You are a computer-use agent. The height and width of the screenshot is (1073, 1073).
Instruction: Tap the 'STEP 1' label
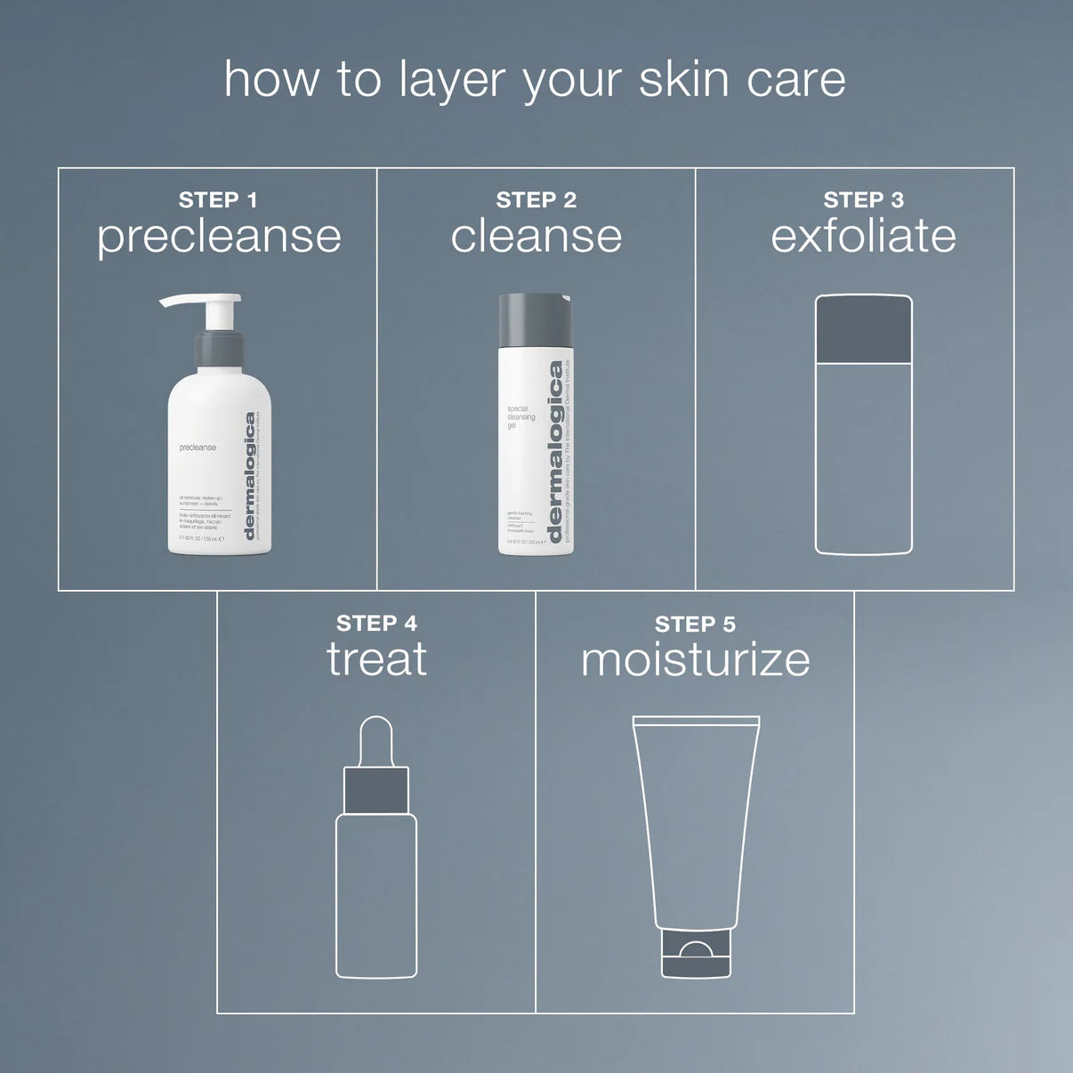coord(218,200)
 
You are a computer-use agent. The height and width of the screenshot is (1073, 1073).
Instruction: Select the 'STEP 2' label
coord(536,200)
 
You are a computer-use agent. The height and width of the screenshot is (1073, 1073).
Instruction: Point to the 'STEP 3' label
coord(863,200)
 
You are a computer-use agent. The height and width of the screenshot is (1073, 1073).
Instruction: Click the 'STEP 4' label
coord(376,623)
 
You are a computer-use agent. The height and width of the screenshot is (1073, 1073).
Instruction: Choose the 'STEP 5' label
coord(695,625)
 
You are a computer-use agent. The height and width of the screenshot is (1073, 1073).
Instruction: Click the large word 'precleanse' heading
coord(219,238)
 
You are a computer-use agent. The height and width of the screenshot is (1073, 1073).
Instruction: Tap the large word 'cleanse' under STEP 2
coord(536,237)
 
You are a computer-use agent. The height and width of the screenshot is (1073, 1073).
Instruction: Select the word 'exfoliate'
coord(863,237)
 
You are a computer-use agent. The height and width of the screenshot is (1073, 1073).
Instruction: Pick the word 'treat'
coord(376,659)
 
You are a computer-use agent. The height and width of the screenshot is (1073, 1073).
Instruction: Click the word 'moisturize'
coord(695,660)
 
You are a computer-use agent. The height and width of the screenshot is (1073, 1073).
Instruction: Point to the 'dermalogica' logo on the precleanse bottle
coord(250,475)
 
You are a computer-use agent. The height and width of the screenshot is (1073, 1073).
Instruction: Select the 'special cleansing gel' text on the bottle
coord(520,417)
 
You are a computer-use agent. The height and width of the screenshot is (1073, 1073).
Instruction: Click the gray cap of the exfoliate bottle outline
coord(863,330)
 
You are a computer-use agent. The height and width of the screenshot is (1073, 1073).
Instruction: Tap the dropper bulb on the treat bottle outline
coord(376,741)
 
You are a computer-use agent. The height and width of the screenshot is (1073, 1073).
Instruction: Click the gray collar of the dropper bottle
coord(376,791)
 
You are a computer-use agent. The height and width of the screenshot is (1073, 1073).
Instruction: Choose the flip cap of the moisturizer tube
coord(696,954)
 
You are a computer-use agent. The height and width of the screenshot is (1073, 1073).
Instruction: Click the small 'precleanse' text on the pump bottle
coord(198,448)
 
